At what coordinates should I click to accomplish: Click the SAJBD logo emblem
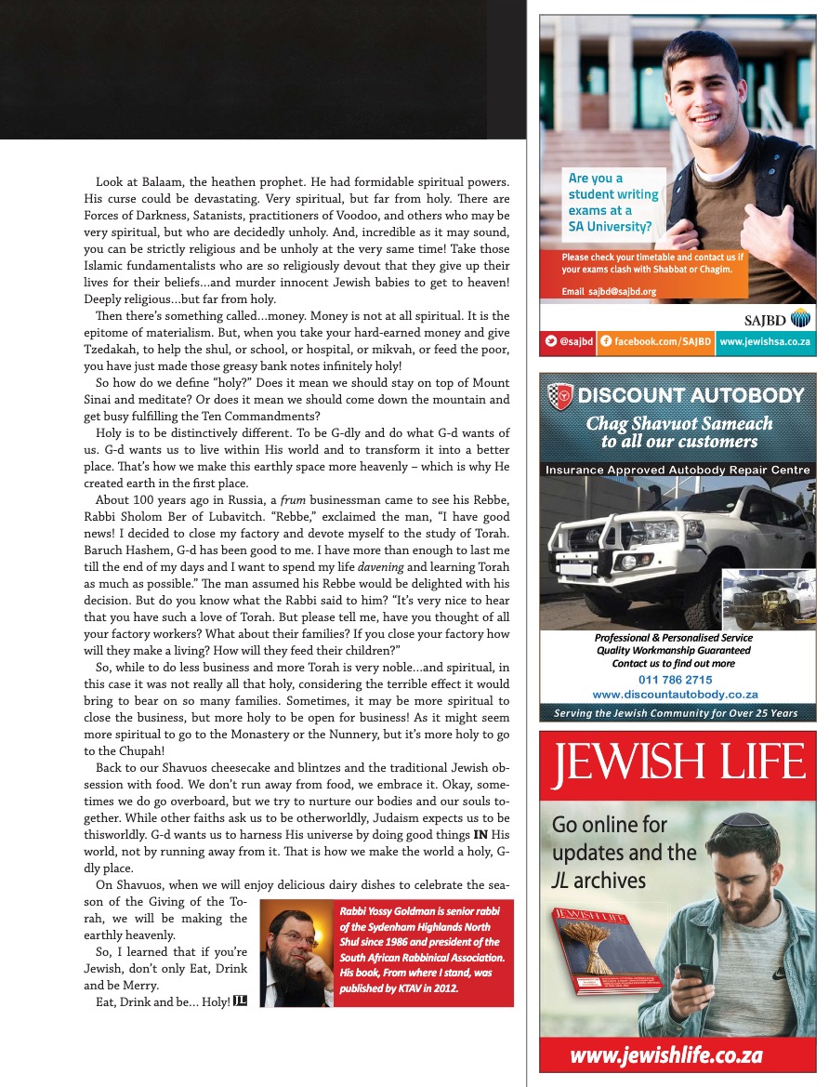point(800,319)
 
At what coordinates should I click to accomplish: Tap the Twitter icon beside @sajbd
point(551,342)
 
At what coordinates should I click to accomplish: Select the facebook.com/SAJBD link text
point(662,342)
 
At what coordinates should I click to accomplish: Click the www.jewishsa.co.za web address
point(765,342)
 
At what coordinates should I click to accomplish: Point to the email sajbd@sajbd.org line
point(609,291)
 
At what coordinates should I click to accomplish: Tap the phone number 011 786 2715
point(676,680)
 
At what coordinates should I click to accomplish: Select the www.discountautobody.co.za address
point(676,695)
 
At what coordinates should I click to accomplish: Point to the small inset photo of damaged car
point(769,600)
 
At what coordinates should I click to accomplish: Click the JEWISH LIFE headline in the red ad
point(678,764)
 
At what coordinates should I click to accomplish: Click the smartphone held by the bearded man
point(691,977)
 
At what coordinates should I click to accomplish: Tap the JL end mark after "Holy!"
point(240,1001)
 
